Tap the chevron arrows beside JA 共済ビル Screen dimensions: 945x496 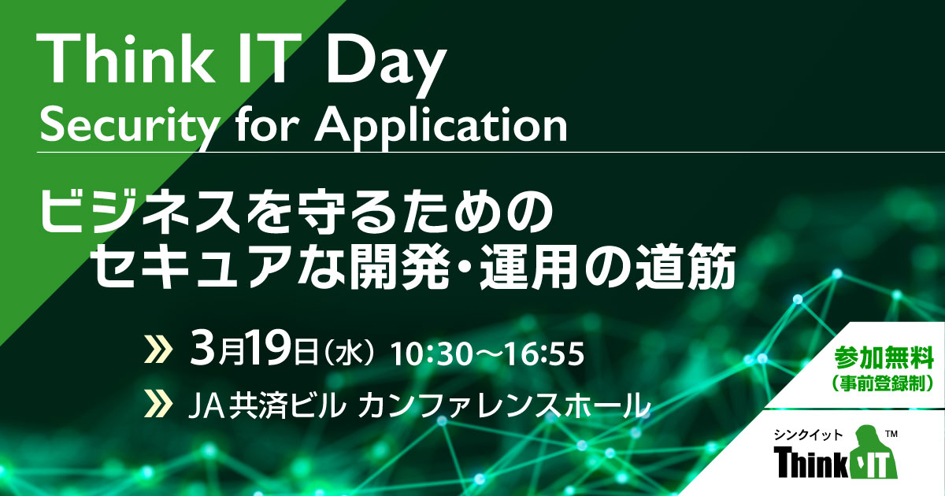[158, 405]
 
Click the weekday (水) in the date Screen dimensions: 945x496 [350, 353]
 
